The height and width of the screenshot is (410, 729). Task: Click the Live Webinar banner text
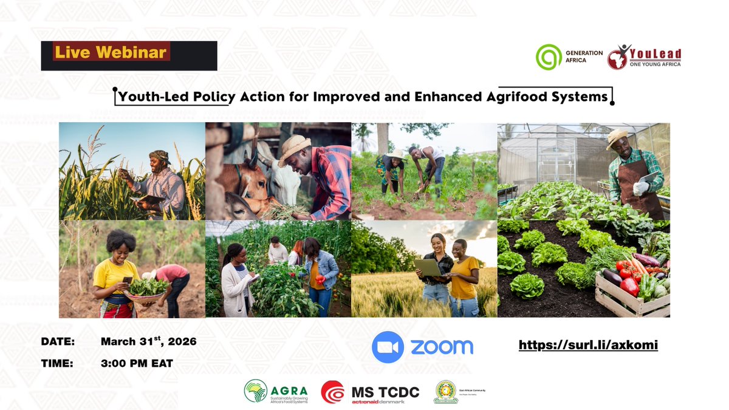[x=111, y=52]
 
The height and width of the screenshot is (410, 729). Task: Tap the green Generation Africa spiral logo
[x=549, y=57]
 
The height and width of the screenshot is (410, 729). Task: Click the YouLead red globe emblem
[x=618, y=57]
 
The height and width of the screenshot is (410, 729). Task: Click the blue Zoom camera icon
[x=388, y=347]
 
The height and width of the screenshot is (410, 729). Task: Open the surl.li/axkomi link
[x=588, y=345]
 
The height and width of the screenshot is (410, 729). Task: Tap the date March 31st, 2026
[x=148, y=341]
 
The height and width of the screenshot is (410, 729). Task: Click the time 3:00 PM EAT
[x=137, y=363]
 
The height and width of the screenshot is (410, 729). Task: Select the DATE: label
[x=58, y=341]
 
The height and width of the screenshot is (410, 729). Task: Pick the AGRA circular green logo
[x=255, y=391]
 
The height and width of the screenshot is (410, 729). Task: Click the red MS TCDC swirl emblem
[x=333, y=392]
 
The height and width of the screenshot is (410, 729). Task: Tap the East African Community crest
[x=445, y=392]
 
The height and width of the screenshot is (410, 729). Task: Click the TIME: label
[x=56, y=363]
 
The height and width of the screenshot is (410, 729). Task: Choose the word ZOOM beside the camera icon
[x=442, y=347]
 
